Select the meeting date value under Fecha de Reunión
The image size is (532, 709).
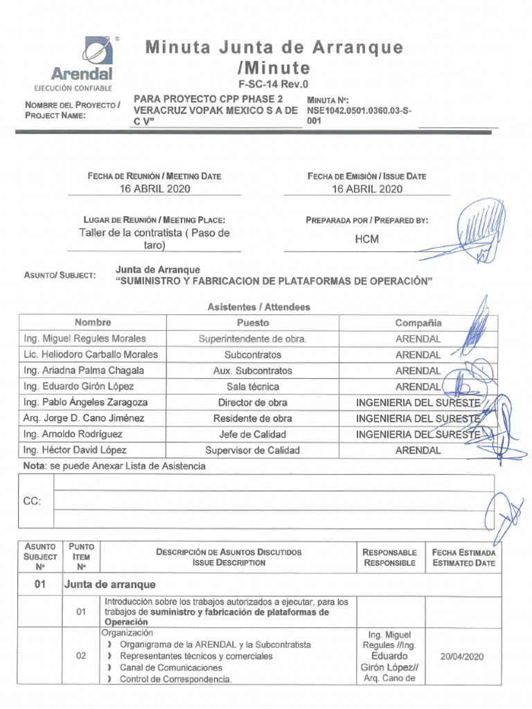click(x=154, y=188)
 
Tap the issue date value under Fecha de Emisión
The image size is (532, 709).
click(x=367, y=188)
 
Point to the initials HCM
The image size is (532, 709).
click(x=367, y=239)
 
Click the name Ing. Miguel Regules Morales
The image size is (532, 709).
click(x=85, y=339)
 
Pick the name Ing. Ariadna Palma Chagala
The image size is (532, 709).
click(x=84, y=370)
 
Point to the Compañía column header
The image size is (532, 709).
click(x=418, y=323)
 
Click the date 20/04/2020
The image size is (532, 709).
click(x=461, y=656)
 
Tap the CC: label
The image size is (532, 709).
click(x=33, y=501)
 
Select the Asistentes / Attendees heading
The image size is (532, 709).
click(x=258, y=307)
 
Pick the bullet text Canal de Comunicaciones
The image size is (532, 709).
click(x=171, y=667)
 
